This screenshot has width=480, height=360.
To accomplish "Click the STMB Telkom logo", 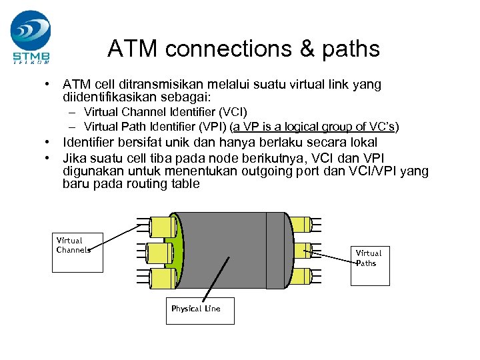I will click(30, 37).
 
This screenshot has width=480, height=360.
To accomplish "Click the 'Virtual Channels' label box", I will click(78, 252).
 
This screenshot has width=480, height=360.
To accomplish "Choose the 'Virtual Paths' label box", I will click(369, 265).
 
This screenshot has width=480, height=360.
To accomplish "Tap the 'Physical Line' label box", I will click(199, 311).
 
